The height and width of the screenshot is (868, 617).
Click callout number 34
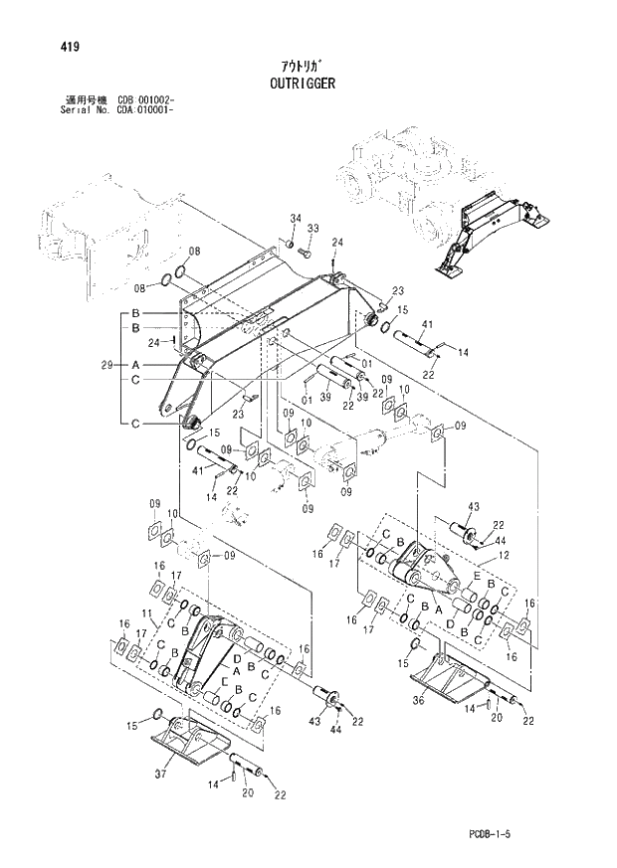click(x=296, y=218)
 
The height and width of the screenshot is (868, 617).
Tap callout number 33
click(x=312, y=229)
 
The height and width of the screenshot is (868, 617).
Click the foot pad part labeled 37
click(x=189, y=742)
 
